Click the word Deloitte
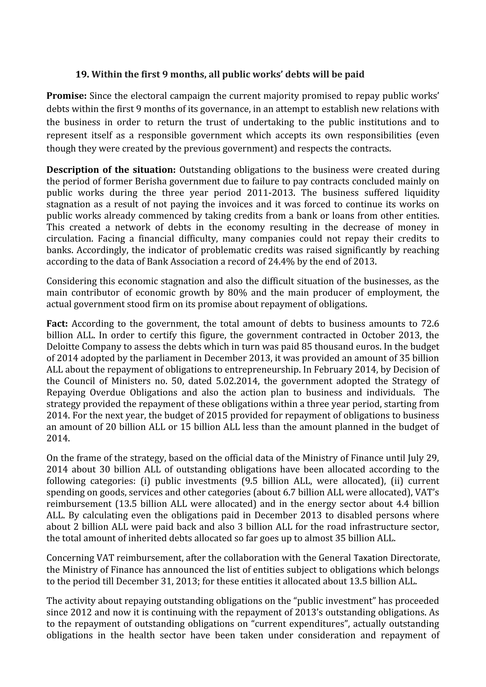[63, 347]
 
